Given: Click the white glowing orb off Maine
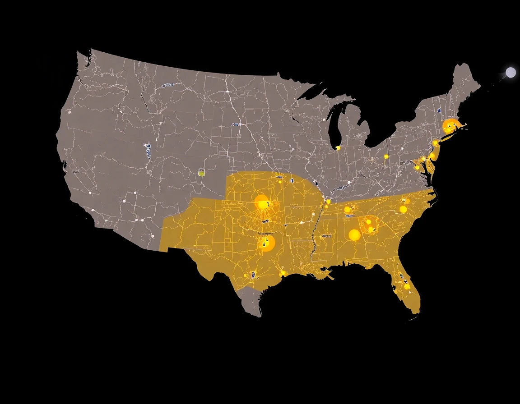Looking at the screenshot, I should (511, 73).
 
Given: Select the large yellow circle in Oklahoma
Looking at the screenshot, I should (262, 202).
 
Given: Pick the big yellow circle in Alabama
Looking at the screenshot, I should (354, 235).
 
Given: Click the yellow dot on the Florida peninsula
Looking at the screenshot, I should (407, 286).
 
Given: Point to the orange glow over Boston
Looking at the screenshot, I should (450, 126).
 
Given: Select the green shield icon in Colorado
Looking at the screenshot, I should (201, 172).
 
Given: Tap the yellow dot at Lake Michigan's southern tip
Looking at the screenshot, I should (338, 148).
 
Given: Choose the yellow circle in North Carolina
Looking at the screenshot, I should (403, 209).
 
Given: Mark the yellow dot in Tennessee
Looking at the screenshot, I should (348, 209).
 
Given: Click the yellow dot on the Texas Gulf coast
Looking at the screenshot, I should (283, 273).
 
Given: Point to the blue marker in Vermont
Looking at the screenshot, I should (439, 110).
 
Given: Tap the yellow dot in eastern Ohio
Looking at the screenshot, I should (386, 156).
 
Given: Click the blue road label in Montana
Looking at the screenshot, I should (168, 85).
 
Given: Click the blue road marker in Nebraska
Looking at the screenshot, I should (236, 124).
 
